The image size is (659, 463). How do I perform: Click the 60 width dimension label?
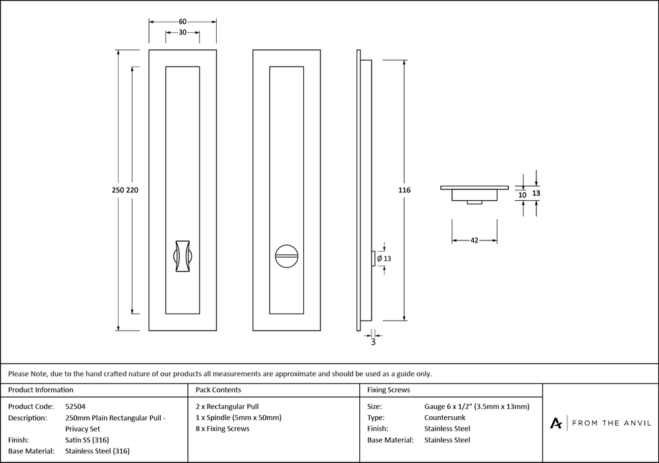(x=183, y=21)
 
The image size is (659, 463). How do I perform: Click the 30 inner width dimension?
(x=183, y=32)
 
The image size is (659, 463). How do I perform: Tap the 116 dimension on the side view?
(x=405, y=190)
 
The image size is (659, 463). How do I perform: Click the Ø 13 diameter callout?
(x=384, y=259)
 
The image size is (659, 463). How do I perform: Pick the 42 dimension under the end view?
(x=474, y=240)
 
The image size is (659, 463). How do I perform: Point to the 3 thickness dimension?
(x=373, y=342)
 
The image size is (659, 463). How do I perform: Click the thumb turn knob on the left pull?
(x=183, y=255)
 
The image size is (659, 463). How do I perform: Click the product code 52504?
(x=75, y=406)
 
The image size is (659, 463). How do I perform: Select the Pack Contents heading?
(x=219, y=390)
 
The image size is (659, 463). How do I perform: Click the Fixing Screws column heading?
(x=389, y=390)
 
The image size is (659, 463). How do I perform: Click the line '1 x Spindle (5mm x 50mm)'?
(x=239, y=418)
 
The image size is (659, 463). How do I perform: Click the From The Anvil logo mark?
(x=557, y=423)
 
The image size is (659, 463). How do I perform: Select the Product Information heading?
(x=41, y=390)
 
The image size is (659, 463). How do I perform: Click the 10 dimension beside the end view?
(x=523, y=195)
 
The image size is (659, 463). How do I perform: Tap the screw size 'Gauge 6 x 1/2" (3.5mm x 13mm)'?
(x=476, y=406)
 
